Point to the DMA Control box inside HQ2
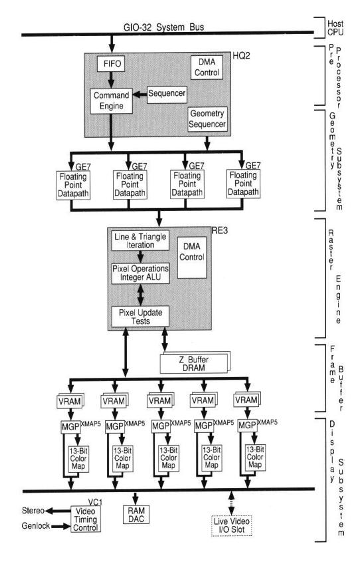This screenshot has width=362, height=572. [x=207, y=67]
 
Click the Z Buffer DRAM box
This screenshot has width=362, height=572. [x=193, y=363]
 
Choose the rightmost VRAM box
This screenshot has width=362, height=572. [x=246, y=402]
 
